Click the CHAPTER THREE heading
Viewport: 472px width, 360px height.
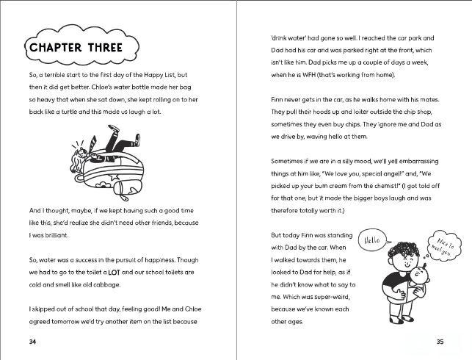point(81,48)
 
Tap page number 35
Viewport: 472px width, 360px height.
point(440,342)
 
